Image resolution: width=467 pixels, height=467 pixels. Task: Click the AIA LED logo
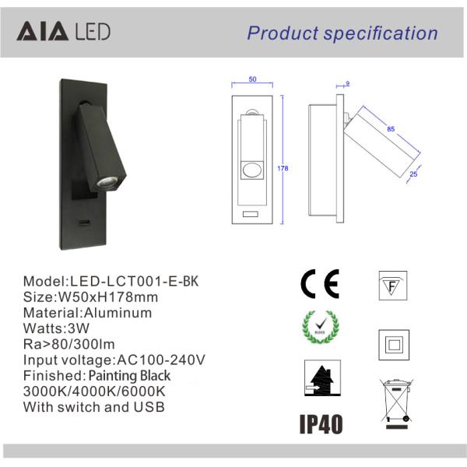pyautogui.click(x=63, y=32)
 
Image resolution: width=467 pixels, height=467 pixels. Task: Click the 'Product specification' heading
pyautogui.click(x=342, y=33)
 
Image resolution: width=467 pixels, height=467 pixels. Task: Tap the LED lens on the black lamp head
pyautogui.click(x=104, y=183)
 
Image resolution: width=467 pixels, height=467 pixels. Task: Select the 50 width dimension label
pyautogui.click(x=252, y=79)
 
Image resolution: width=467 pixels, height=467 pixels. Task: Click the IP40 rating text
pyautogui.click(x=321, y=424)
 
